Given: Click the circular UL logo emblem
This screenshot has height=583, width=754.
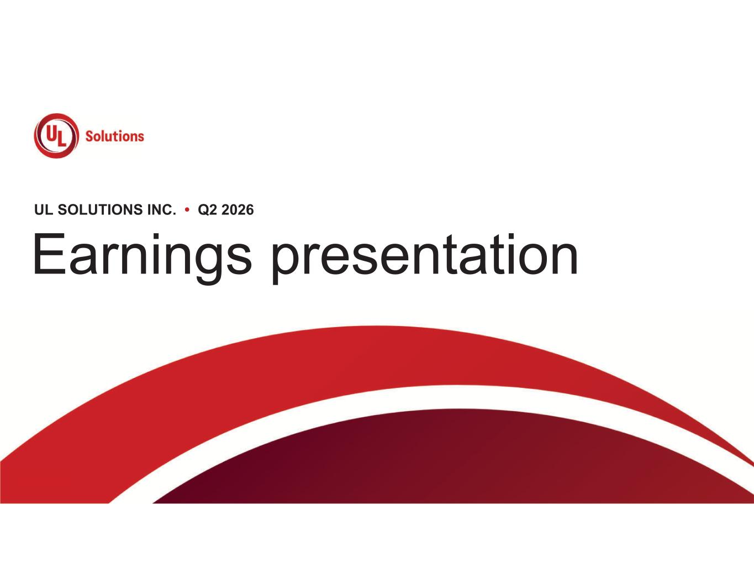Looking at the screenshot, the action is tap(56, 136).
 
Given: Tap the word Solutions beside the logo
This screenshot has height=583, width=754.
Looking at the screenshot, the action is tap(114, 136).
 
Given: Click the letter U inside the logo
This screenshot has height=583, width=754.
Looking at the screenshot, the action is tap(52, 132).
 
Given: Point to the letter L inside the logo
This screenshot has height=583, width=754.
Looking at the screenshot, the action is tap(61, 139).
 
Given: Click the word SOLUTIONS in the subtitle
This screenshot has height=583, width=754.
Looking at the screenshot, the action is tap(101, 209).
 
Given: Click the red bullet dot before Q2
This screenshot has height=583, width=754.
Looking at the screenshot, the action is tap(187, 209).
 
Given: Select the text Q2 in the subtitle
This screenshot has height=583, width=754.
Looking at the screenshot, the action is tap(208, 210).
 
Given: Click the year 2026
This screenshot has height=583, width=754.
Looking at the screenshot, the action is tap(238, 210).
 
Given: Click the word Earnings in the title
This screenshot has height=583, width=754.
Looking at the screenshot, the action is tap(143, 257).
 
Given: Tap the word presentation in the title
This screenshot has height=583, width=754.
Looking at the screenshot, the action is tap(424, 257).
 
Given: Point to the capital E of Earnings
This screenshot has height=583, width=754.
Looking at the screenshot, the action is tap(49, 253).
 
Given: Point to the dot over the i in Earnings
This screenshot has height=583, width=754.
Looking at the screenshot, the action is tap(156, 236).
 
